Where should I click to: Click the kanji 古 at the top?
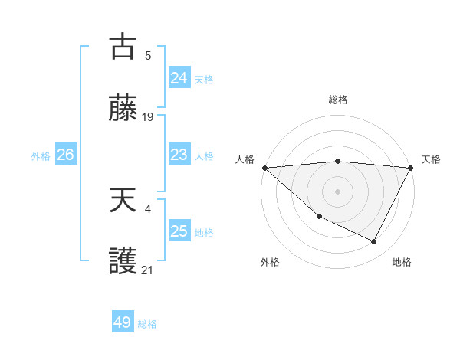[x=123, y=47]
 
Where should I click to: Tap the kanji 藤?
[x=123, y=108]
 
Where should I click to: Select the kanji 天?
[x=123, y=201]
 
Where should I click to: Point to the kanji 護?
[x=123, y=262]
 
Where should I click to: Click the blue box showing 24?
[x=179, y=78]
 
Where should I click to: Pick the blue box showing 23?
[x=179, y=155]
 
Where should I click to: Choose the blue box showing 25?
[x=179, y=231]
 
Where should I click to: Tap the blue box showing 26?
[x=65, y=155]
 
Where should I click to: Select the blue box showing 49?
[x=123, y=322]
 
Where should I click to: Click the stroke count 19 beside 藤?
[x=148, y=117]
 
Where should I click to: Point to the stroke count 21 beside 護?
[x=148, y=270]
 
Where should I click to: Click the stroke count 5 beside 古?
[x=148, y=55]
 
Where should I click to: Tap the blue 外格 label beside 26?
[x=41, y=155]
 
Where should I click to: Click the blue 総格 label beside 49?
[x=147, y=323]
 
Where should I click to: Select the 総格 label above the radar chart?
[x=337, y=100]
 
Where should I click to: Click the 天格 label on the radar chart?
[x=431, y=159]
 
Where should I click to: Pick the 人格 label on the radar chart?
[x=245, y=159]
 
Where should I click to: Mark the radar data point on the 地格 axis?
[x=374, y=241]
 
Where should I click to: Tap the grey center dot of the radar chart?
[x=337, y=190]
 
